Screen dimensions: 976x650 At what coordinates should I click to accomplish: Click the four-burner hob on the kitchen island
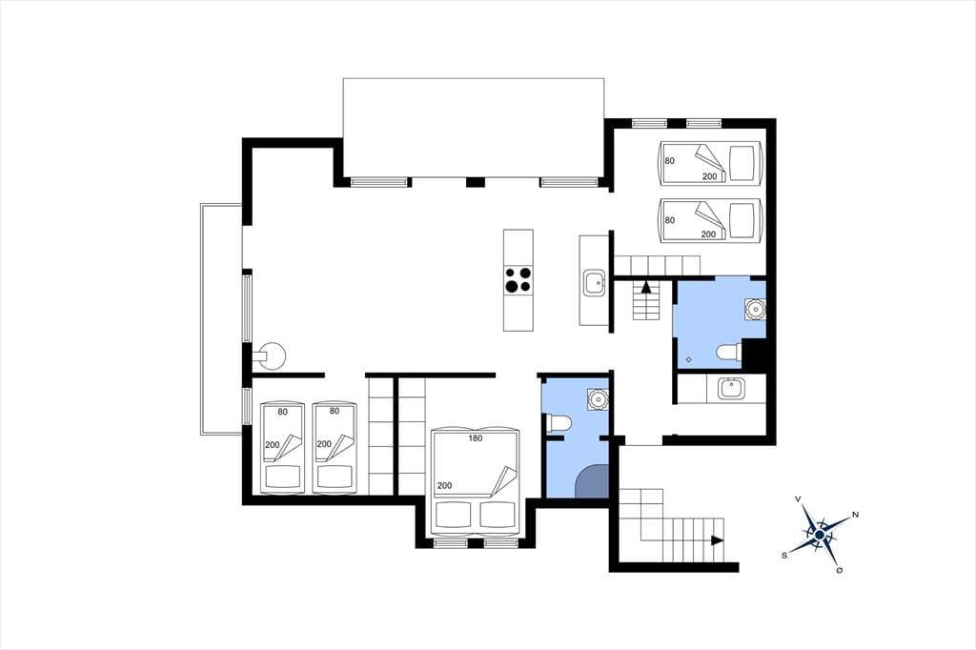tap(518, 279)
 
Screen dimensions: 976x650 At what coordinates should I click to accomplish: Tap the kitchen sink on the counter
tap(594, 283)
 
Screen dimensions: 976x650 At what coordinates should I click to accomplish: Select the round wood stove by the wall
tap(271, 355)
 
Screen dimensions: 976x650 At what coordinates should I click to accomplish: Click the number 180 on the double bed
tap(475, 437)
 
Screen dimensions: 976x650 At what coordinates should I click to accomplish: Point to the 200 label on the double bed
tap(444, 486)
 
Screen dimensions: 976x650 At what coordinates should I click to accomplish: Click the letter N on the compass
tap(855, 515)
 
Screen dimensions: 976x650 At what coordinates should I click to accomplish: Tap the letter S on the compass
tap(785, 556)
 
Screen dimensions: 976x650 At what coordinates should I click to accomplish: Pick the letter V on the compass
tap(798, 499)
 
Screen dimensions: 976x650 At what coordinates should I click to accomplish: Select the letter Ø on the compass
tap(840, 570)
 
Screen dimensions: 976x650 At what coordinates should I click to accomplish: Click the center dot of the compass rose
tap(820, 534)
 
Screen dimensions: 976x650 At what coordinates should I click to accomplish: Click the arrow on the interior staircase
tap(646, 288)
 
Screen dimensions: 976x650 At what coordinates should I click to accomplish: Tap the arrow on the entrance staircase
tap(718, 540)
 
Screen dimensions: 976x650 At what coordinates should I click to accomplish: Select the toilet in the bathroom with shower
tap(559, 424)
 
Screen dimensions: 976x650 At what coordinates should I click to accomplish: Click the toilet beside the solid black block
tap(728, 353)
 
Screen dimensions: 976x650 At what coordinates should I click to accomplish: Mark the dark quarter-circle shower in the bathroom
tap(591, 481)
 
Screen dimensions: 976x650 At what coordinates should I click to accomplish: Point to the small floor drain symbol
tap(688, 360)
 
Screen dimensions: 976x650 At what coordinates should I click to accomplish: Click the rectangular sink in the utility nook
tap(729, 390)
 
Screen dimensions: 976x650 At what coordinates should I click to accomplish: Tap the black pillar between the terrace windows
tap(476, 182)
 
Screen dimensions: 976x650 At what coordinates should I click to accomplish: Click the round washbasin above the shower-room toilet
tap(598, 398)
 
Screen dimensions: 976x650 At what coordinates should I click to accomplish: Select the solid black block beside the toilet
tap(754, 356)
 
